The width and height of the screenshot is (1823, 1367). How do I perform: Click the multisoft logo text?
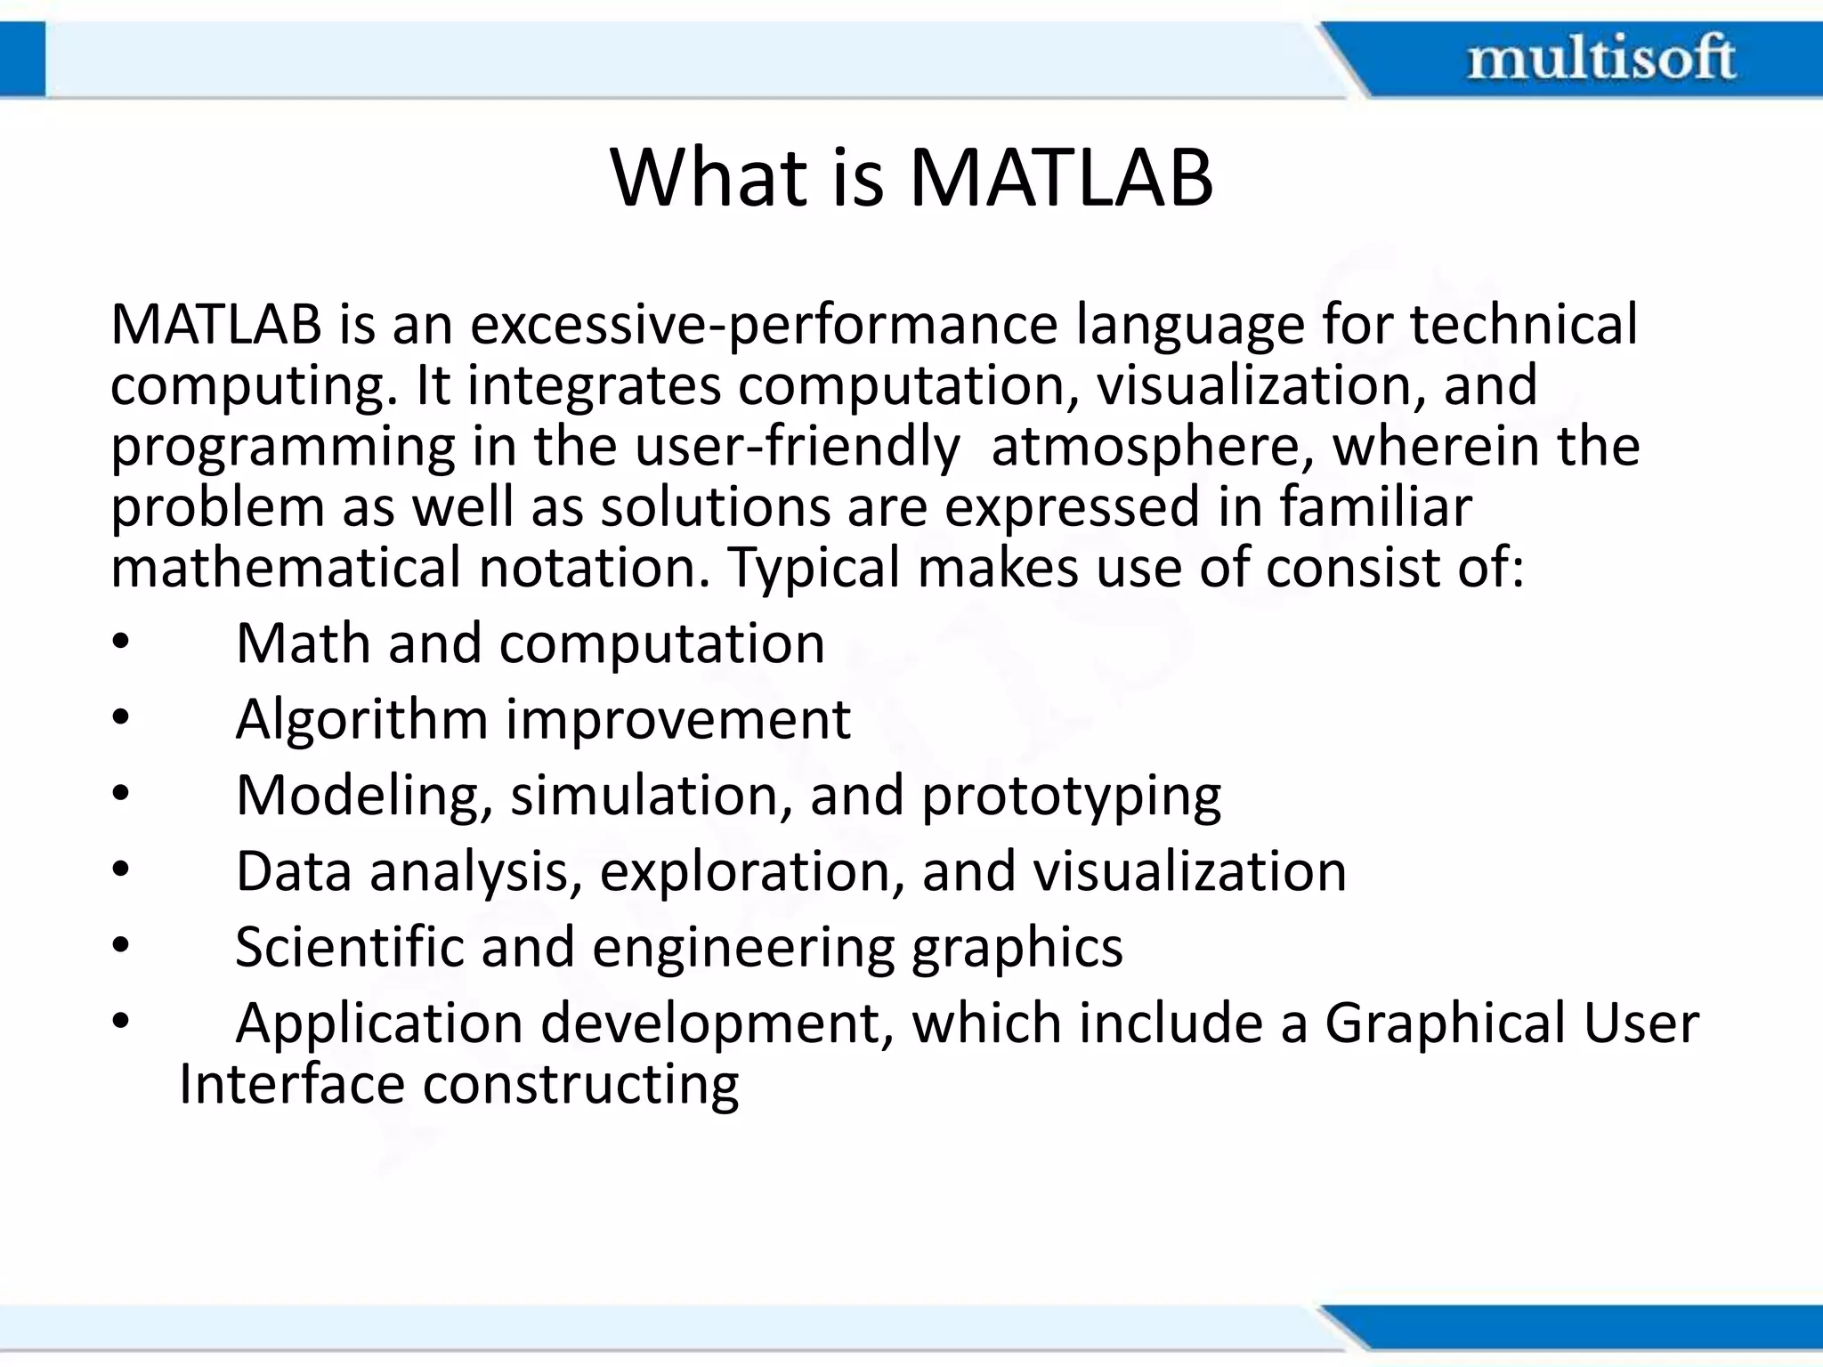point(1600,59)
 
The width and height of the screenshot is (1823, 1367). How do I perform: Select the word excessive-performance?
point(763,326)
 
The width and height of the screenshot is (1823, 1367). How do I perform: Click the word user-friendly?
point(797,447)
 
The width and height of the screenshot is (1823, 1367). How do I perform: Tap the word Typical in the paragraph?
point(814,568)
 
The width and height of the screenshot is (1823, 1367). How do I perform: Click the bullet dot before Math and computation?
point(121,643)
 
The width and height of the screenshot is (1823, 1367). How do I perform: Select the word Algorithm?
point(361,719)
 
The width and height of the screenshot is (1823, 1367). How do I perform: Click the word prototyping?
point(1071,796)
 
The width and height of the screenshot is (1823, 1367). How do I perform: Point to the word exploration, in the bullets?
point(744,871)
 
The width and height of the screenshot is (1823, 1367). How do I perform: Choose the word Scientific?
point(349,947)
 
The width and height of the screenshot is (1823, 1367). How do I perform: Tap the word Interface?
point(291,1084)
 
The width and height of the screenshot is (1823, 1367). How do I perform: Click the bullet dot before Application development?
point(121,1023)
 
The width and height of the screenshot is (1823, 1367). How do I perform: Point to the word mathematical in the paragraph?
point(286,568)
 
